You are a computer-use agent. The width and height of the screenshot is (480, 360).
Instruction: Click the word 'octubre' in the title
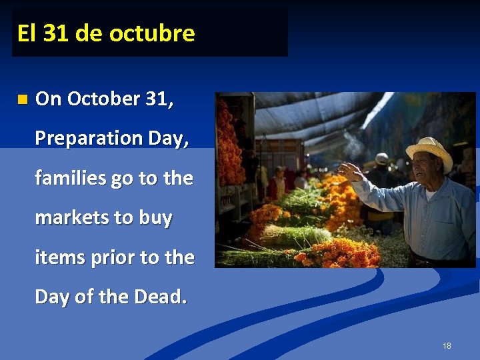(x=152, y=33)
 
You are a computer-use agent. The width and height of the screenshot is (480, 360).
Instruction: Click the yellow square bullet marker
(x=23, y=100)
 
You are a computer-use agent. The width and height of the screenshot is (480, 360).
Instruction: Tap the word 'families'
(x=69, y=178)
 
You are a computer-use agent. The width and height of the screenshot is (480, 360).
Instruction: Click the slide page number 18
(x=446, y=345)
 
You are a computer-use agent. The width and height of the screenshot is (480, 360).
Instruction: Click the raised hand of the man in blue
(x=349, y=172)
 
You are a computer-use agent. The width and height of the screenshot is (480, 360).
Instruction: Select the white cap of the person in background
(x=381, y=158)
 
